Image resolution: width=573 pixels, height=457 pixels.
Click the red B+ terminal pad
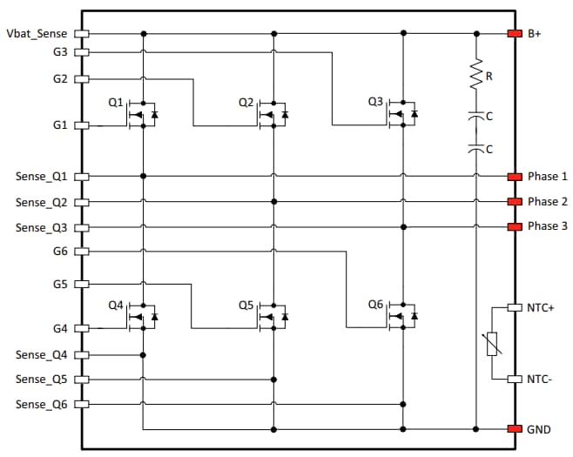(x=515, y=34)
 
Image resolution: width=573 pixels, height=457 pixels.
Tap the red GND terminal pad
(x=515, y=429)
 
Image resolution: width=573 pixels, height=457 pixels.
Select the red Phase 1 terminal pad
(x=515, y=176)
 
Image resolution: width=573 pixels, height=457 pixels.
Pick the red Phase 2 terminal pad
(x=515, y=202)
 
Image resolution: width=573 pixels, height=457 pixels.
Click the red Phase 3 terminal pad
(x=515, y=227)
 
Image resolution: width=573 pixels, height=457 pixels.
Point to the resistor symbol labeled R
(x=475, y=77)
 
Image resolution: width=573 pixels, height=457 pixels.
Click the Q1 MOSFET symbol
(x=142, y=114)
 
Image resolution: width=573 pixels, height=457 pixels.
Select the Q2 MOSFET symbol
(x=273, y=114)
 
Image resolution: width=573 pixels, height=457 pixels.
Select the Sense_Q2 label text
(x=41, y=202)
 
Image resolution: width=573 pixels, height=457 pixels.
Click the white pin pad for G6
(x=83, y=252)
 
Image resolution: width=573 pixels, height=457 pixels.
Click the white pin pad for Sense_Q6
(x=83, y=405)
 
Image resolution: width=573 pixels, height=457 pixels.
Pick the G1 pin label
(x=60, y=125)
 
